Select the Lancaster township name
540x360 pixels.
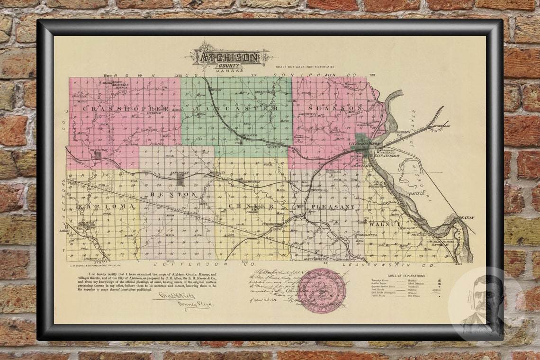click(236, 108)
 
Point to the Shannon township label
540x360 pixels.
click(335, 108)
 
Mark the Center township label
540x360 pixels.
click(251, 207)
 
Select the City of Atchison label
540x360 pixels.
click(365, 143)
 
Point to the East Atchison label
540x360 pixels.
click(387, 155)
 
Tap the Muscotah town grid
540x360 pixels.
click(99, 154)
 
